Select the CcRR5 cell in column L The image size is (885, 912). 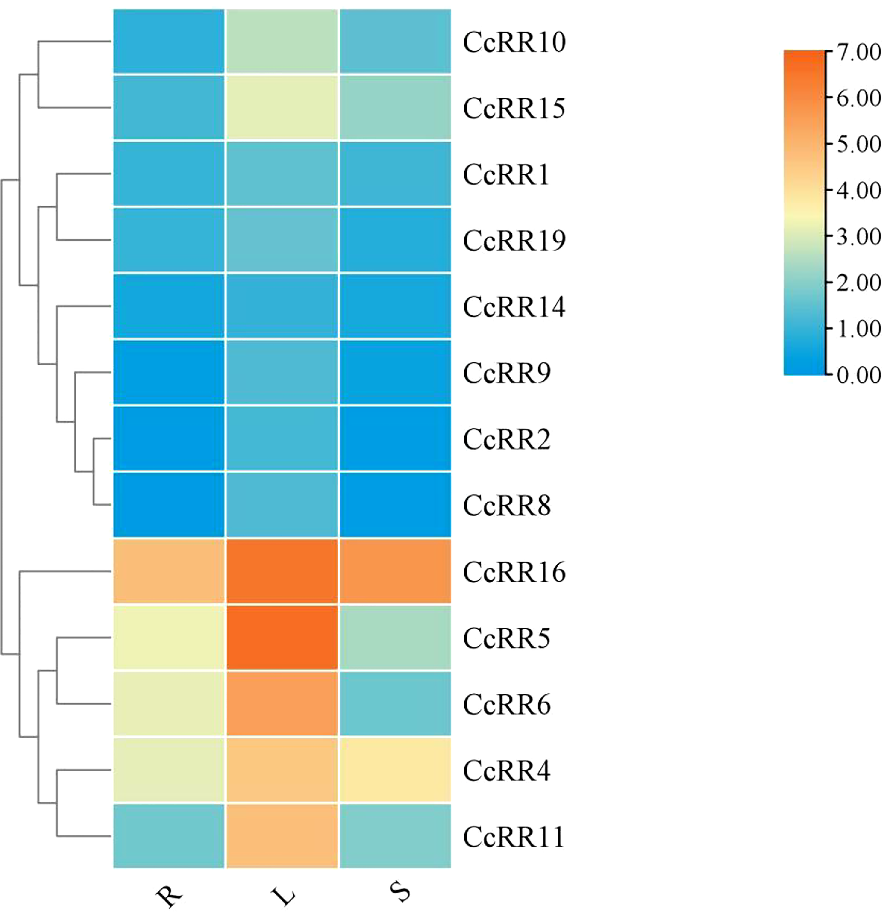[282, 637]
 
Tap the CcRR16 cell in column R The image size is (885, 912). [169, 571]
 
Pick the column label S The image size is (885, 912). [400, 892]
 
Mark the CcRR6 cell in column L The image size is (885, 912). [282, 704]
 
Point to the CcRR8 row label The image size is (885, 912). [507, 505]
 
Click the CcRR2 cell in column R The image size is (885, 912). [169, 438]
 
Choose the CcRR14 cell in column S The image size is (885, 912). [395, 306]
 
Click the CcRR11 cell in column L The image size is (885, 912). [282, 836]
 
